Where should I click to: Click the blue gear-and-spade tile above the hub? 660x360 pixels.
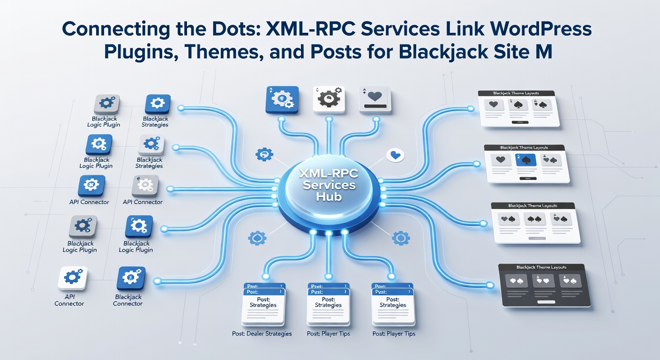(282, 99)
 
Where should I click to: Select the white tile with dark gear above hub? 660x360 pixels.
(329, 99)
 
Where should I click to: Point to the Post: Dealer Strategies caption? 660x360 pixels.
(262, 334)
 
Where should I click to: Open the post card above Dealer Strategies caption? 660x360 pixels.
(263, 305)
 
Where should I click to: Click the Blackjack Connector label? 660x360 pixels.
(127, 300)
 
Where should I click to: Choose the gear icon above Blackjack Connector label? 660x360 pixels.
(131, 278)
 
